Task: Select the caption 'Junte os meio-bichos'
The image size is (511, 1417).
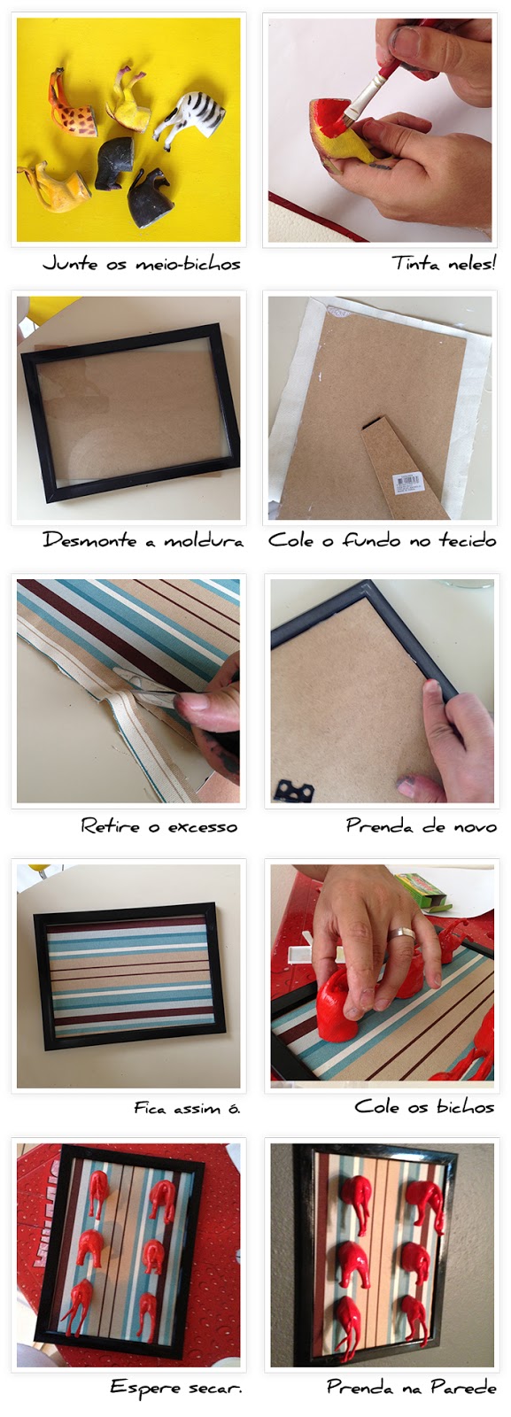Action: point(142,263)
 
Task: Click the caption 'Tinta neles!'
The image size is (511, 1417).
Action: point(443,263)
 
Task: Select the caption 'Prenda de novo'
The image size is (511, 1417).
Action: point(421,825)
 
